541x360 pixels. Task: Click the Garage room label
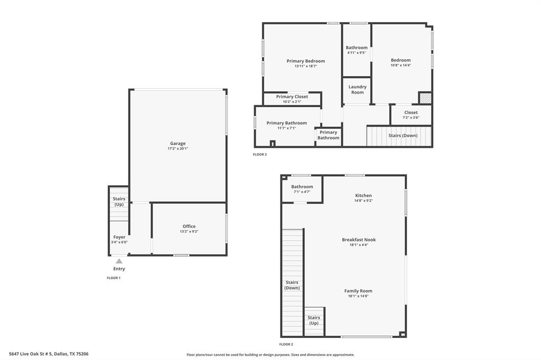click(x=178, y=144)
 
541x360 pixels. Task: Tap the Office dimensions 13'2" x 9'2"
click(x=189, y=232)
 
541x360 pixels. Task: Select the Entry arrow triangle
click(x=119, y=261)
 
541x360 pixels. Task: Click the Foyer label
click(x=119, y=237)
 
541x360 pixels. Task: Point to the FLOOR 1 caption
click(x=114, y=278)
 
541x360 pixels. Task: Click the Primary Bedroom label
click(x=305, y=61)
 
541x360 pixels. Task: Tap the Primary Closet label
click(x=292, y=97)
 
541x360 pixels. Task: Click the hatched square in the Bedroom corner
click(x=425, y=98)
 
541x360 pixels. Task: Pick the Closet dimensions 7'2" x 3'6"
click(x=411, y=118)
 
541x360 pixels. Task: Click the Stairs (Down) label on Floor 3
click(x=403, y=136)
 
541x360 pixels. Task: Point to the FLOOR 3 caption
click(x=259, y=155)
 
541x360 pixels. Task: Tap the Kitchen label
click(x=363, y=195)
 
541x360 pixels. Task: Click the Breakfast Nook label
click(x=358, y=240)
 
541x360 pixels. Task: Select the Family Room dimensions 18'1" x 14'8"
click(x=358, y=296)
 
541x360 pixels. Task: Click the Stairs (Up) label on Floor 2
click(x=314, y=320)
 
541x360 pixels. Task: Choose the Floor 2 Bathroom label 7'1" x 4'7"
click(x=302, y=187)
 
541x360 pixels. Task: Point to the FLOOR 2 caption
click(x=286, y=344)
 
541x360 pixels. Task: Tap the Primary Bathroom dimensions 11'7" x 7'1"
click(x=286, y=128)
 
